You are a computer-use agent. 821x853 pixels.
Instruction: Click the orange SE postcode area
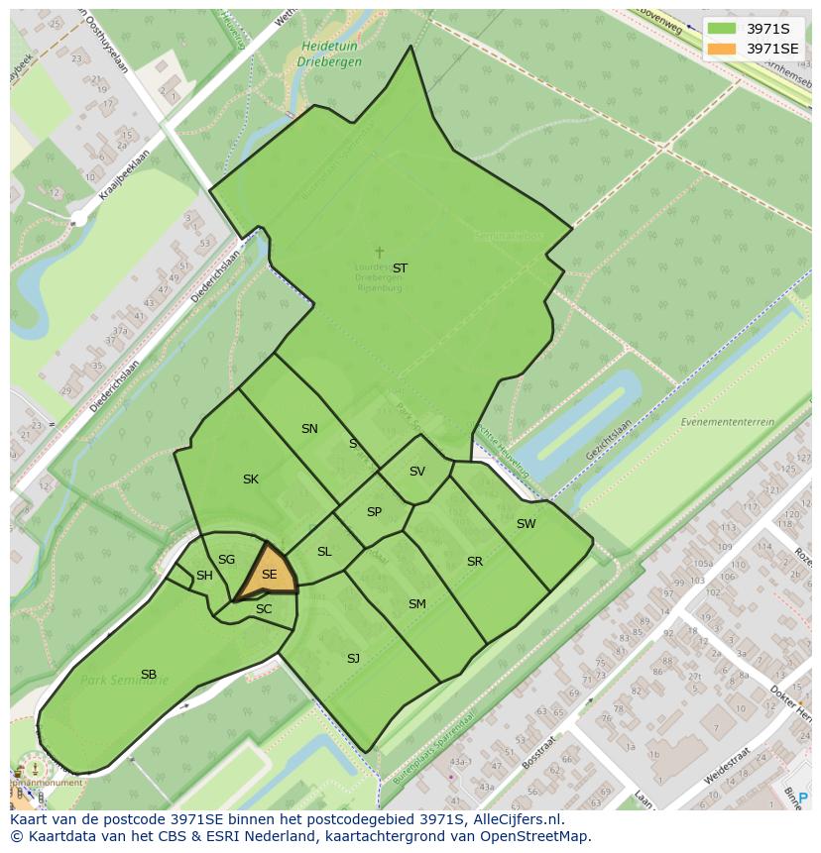pyautogui.click(x=268, y=574)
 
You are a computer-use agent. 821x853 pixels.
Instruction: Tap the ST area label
pyautogui.click(x=400, y=268)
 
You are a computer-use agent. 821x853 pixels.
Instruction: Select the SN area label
pyautogui.click(x=309, y=429)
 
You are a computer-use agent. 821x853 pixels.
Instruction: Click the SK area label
pyautogui.click(x=251, y=480)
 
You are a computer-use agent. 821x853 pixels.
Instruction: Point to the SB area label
pyautogui.click(x=149, y=675)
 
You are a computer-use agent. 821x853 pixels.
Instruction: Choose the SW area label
pyautogui.click(x=526, y=524)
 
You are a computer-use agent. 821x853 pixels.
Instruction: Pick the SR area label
pyautogui.click(x=475, y=562)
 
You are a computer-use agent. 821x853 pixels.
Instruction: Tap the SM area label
pyautogui.click(x=417, y=604)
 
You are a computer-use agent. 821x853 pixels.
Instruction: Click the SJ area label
pyautogui.click(x=353, y=658)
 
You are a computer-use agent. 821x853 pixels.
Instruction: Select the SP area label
pyautogui.click(x=374, y=512)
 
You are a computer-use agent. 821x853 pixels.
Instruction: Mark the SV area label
pyautogui.click(x=416, y=472)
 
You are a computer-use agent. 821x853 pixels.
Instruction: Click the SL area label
pyautogui.click(x=324, y=552)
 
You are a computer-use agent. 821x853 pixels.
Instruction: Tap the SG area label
pyautogui.click(x=226, y=560)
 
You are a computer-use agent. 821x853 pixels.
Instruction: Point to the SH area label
pyautogui.click(x=204, y=576)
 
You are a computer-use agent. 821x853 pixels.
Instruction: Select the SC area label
pyautogui.click(x=264, y=609)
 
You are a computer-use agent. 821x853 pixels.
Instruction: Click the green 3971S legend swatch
pyautogui.click(x=723, y=29)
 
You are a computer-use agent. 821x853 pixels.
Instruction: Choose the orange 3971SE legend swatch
pyautogui.click(x=723, y=49)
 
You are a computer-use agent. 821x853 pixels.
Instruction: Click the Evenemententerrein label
pyautogui.click(x=727, y=422)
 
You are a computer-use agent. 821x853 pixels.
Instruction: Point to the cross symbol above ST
pyautogui.click(x=379, y=253)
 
